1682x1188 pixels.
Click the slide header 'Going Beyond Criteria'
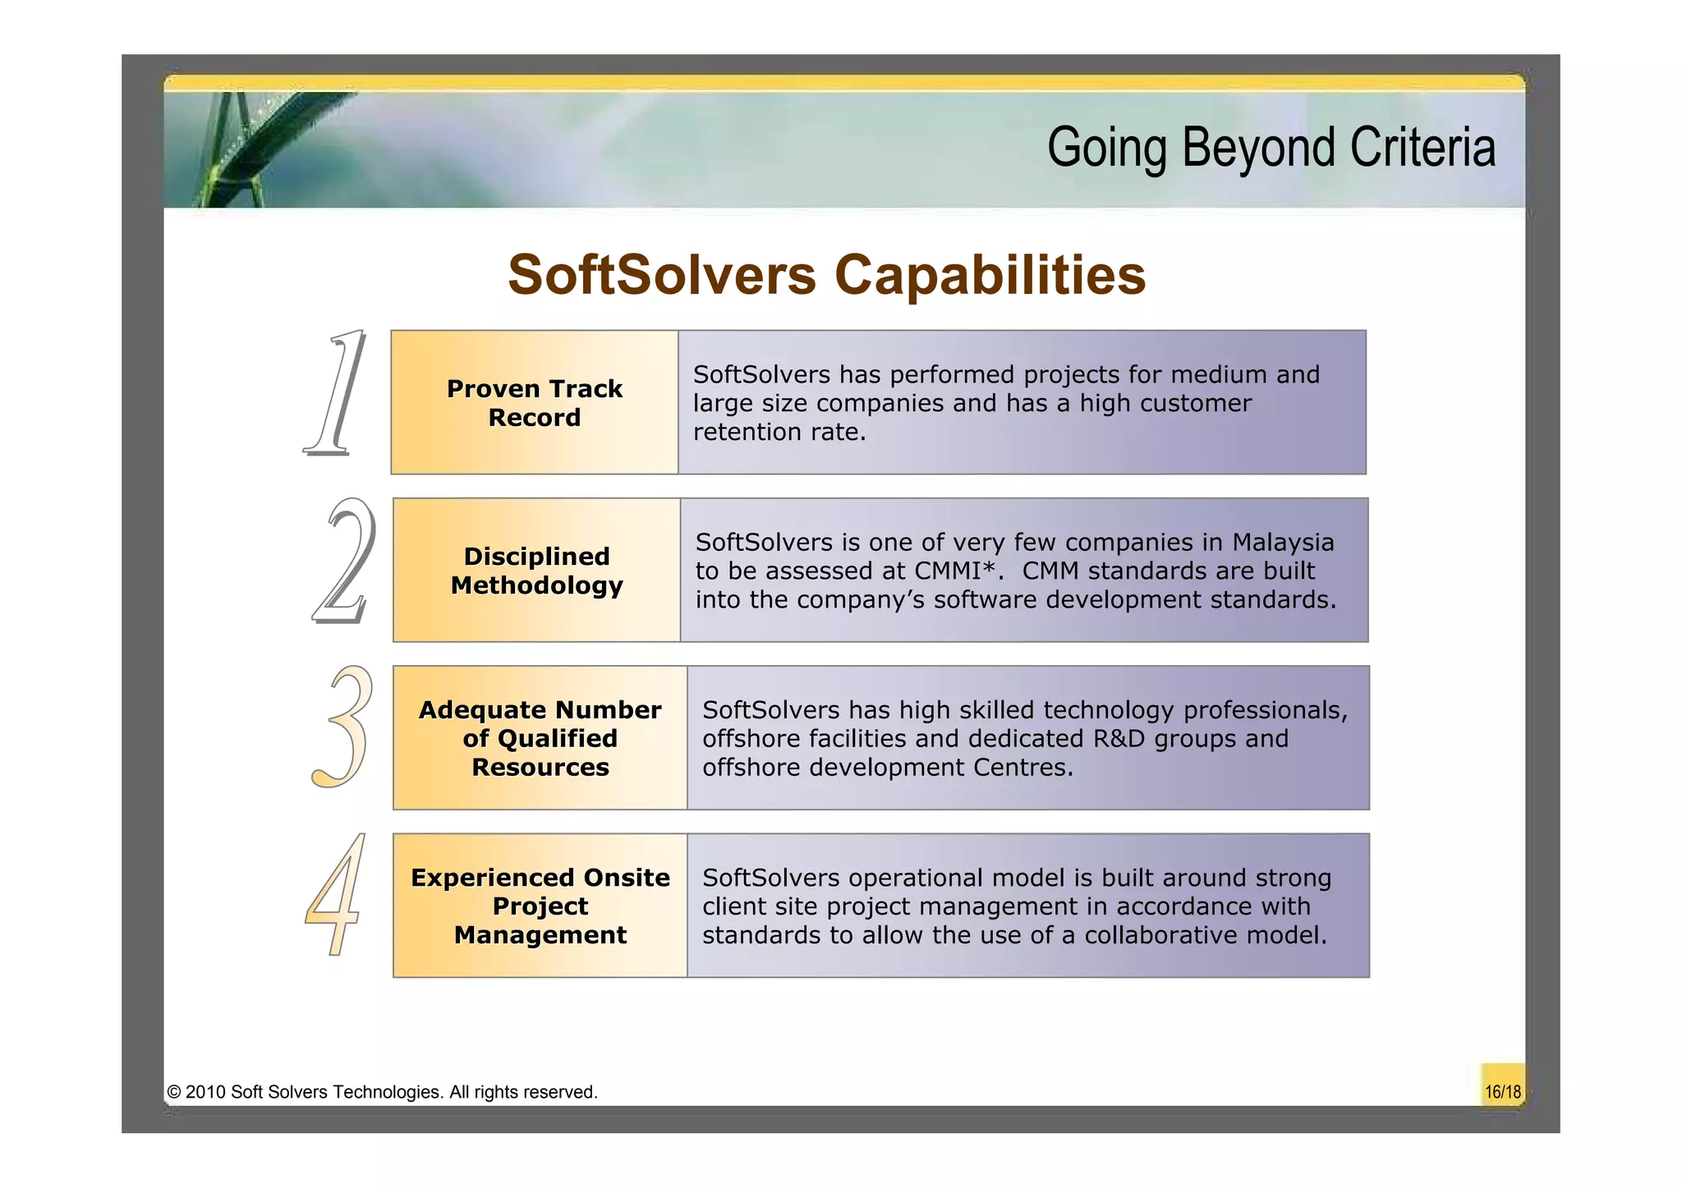(1271, 148)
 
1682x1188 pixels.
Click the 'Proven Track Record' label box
(535, 403)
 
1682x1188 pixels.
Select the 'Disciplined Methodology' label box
(536, 571)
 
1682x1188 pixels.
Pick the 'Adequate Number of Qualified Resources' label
(540, 738)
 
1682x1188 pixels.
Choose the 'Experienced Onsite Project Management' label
(540, 906)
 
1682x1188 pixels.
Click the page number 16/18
(1502, 1092)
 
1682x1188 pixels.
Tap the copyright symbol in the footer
(173, 1092)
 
